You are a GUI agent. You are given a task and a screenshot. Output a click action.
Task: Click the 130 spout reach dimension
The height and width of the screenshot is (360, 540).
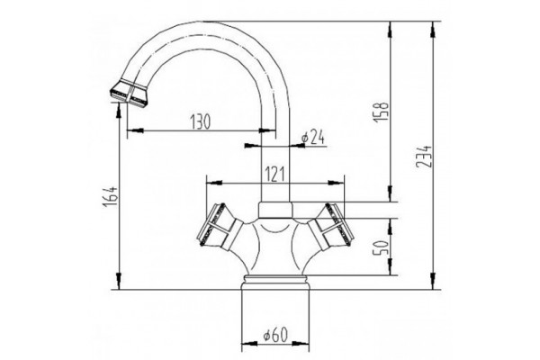pos(200,121)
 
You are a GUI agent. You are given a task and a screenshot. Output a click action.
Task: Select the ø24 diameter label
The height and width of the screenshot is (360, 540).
pos(312,137)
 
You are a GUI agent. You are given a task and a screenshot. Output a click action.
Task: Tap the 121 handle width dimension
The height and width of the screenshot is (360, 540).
pos(274,175)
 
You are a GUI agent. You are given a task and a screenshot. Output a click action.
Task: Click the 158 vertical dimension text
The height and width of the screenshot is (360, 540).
pos(381,112)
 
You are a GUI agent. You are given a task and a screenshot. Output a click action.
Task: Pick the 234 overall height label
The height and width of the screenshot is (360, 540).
pos(423,156)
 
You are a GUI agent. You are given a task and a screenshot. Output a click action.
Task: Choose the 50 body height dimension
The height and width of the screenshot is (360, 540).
pos(382,247)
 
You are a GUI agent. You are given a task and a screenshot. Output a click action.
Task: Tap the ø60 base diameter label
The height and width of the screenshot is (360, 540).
pos(275,335)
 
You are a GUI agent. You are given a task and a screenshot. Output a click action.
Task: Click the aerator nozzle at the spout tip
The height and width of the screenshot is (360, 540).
pos(130,94)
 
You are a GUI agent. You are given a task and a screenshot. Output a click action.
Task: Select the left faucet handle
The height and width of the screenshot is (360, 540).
pos(219,228)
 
